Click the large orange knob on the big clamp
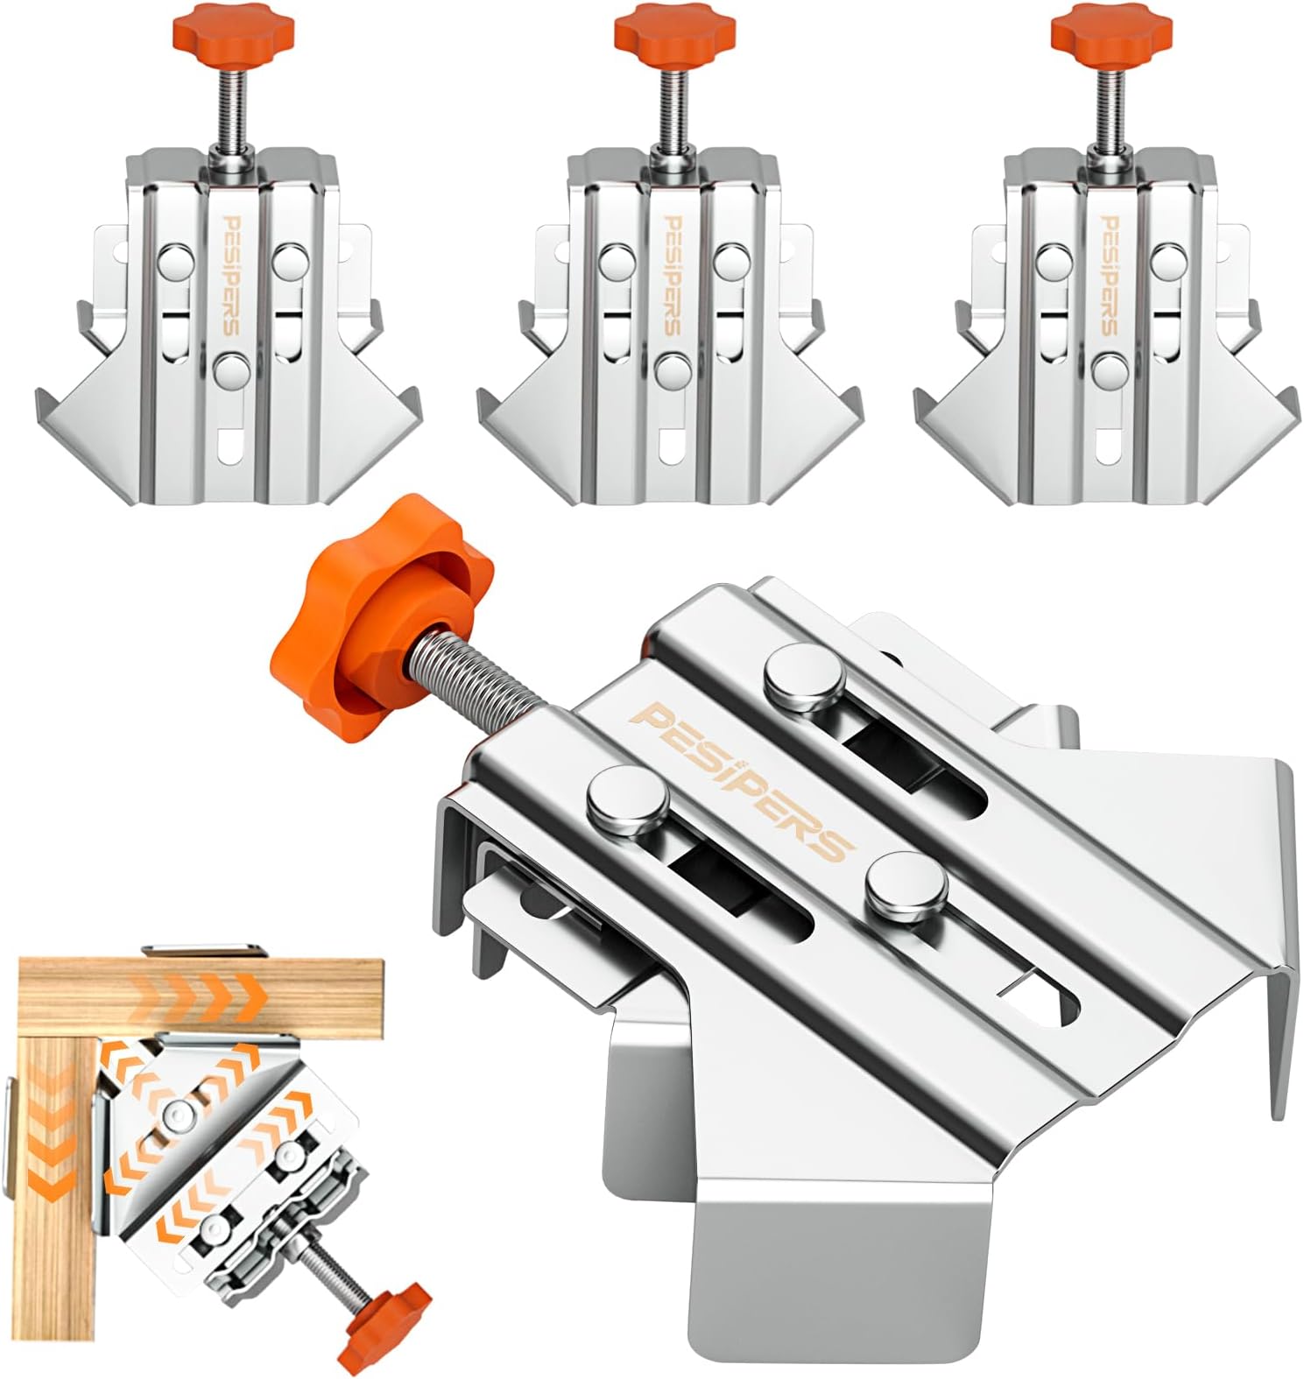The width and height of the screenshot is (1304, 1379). [x=384, y=630]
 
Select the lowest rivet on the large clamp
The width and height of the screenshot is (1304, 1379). [x=907, y=884]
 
